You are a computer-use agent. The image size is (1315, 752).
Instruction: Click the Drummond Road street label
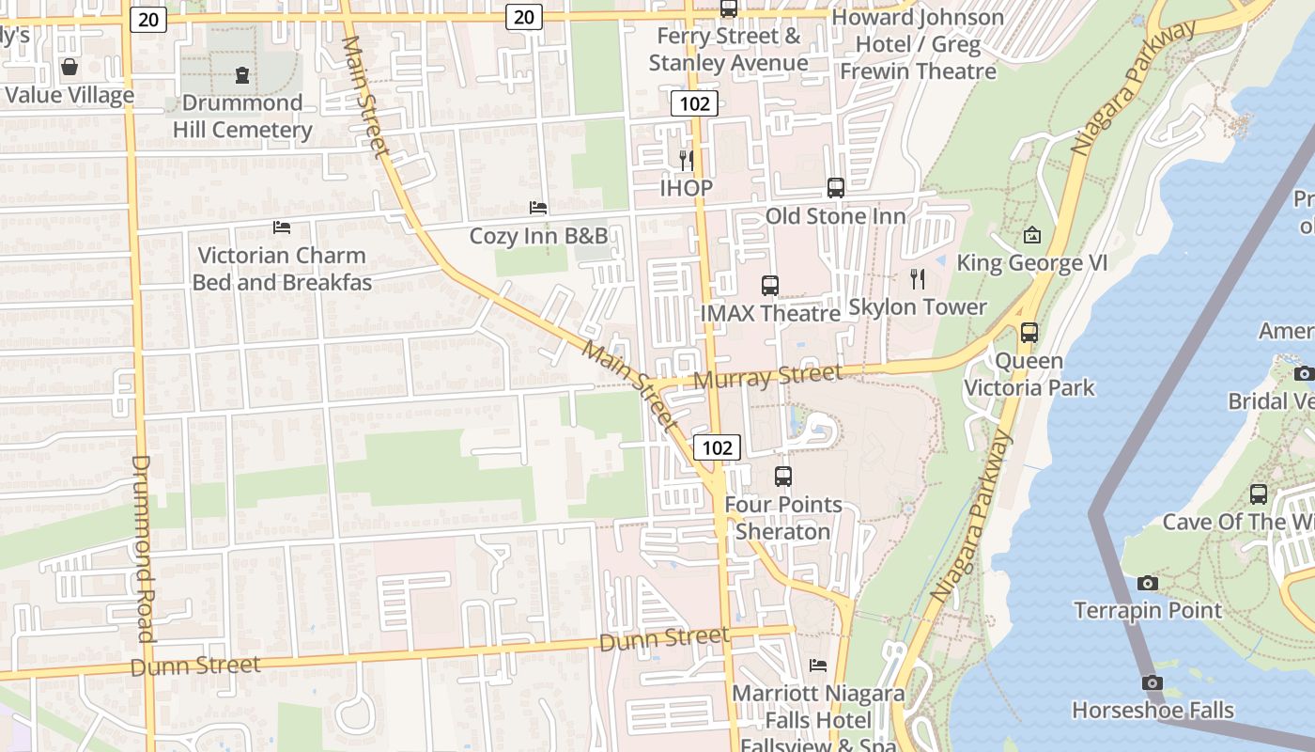[142, 549]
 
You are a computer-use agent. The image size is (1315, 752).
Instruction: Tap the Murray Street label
[768, 377]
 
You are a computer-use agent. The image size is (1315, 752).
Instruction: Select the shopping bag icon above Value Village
[69, 67]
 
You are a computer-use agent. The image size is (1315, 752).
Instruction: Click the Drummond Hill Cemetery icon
[242, 75]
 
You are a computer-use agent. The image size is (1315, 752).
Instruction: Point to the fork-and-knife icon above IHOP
[687, 160]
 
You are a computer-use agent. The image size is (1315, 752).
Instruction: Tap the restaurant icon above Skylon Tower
[918, 278]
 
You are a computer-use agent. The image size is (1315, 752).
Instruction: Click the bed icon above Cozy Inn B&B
[538, 207]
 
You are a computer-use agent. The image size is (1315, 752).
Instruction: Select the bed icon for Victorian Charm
[281, 227]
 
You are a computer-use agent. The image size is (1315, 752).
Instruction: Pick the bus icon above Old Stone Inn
[835, 187]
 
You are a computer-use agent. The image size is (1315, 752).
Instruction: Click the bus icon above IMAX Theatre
[770, 285]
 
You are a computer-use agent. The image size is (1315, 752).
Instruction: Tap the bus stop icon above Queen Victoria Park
[1029, 332]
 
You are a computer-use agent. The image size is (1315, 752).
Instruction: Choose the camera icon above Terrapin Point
[1147, 583]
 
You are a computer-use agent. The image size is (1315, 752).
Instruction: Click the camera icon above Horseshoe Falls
[1153, 682]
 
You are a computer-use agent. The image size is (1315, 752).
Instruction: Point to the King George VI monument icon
[1031, 235]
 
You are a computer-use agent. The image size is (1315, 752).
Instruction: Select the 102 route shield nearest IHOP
[694, 103]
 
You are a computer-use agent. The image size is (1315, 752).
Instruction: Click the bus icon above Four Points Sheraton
[783, 476]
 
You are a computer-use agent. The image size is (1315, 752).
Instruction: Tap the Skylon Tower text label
[918, 307]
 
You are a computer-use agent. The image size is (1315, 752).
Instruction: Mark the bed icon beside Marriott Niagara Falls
[818, 666]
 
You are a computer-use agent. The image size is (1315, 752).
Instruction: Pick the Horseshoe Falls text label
[1153, 711]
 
